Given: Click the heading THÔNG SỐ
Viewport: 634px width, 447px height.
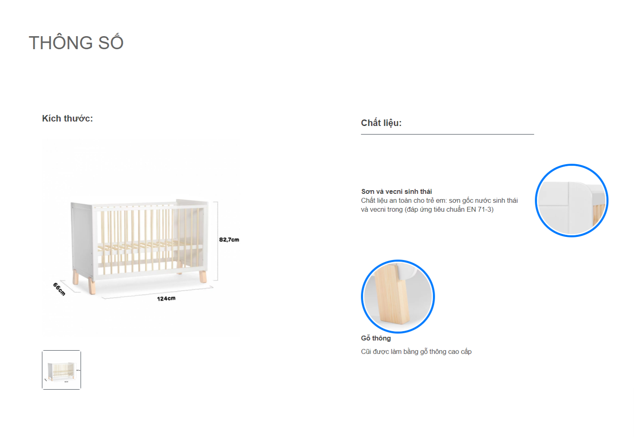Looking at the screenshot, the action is click(76, 42).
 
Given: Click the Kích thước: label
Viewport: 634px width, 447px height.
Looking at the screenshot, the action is click(67, 118).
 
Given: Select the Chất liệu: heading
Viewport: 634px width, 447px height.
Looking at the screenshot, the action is click(381, 123).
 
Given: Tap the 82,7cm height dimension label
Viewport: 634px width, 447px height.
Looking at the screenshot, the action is click(229, 240).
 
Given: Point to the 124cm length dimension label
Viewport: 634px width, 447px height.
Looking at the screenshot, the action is click(166, 298).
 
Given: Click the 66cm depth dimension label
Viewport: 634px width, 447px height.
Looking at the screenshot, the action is click(59, 289).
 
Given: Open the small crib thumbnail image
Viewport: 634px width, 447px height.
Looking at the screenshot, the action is click(61, 370).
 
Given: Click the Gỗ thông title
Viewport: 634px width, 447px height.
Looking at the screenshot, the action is click(376, 338).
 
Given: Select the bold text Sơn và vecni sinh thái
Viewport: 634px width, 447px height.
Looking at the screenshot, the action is click(396, 191).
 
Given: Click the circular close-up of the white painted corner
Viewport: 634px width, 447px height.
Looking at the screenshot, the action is click(571, 200).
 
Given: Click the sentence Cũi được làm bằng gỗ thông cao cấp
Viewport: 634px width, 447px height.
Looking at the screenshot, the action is click(416, 352).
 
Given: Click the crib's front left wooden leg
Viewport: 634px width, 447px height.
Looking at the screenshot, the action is click(91, 286).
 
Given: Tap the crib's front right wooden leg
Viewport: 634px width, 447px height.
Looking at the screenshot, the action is click(203, 276).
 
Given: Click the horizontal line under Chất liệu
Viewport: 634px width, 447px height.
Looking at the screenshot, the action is click(447, 134).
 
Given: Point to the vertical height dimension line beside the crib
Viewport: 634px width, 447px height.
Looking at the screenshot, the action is click(217, 241).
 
